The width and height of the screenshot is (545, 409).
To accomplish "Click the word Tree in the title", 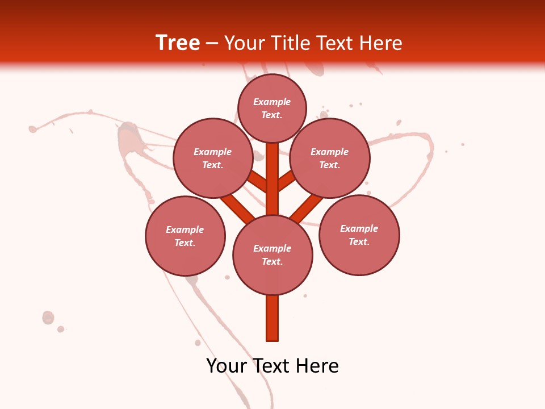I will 178,43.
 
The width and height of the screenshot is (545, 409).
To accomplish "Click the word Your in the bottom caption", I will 226,366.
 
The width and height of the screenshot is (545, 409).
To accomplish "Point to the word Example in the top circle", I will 272,102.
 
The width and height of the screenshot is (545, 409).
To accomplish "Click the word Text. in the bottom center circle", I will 272,262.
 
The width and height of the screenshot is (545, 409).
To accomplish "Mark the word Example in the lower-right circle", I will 359,229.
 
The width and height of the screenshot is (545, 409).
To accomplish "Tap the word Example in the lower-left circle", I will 185,230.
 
